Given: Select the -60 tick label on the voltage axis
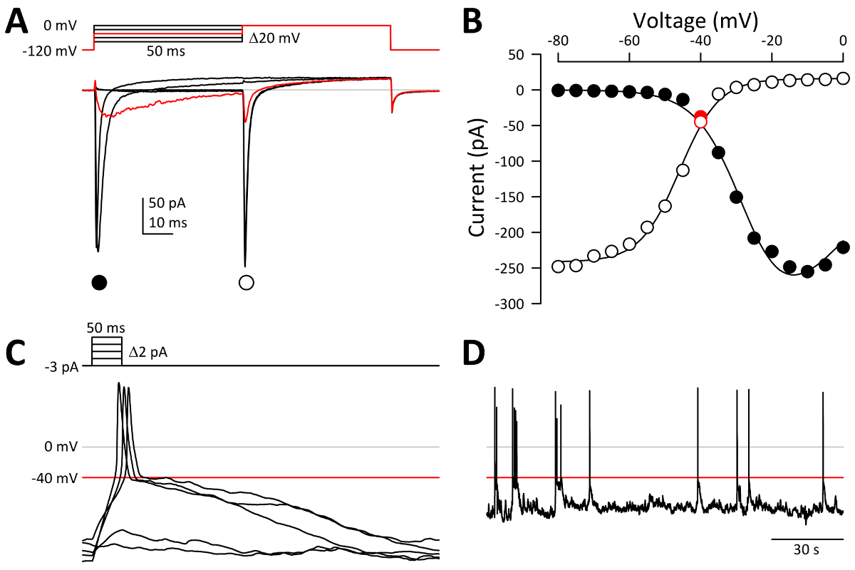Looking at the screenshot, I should (x=627, y=41).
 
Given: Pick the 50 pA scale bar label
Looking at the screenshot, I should (x=169, y=203).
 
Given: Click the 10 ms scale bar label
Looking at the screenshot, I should (x=167, y=222).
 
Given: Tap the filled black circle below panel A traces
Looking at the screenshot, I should (x=99, y=282).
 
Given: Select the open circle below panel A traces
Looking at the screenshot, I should (x=247, y=282).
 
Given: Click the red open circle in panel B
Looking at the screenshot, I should (x=700, y=121).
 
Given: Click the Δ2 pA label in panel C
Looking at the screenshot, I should (x=149, y=351).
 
